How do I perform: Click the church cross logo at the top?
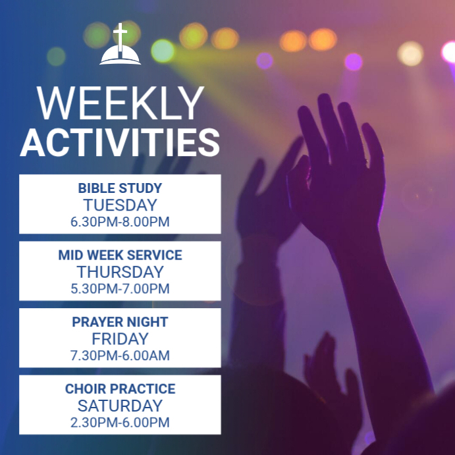coord(120,45)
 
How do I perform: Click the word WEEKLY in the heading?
coord(120,104)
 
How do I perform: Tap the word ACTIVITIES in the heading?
coord(120,142)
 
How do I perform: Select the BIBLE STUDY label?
coord(120,188)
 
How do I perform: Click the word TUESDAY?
coord(120,205)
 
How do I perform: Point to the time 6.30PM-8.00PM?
coord(120,222)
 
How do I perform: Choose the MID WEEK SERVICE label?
coord(120,255)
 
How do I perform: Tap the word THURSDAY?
coord(120,272)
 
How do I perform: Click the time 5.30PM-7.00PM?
coord(120,288)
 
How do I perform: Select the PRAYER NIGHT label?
coord(120,322)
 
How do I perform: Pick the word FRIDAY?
coord(120,339)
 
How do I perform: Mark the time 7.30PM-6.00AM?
coord(120,356)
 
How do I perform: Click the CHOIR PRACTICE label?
coord(120,389)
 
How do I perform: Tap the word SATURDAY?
coord(120,406)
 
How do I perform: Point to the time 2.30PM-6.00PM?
coord(120,423)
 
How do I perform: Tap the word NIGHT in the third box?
coord(147,322)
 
